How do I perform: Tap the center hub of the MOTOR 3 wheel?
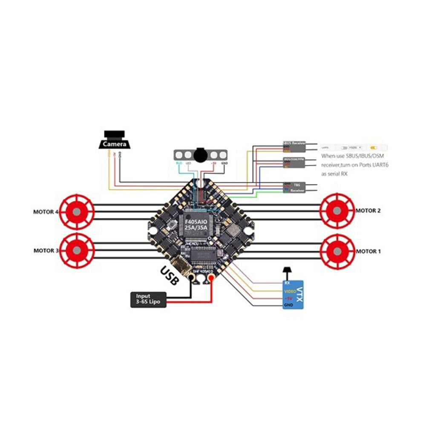coord(76,251)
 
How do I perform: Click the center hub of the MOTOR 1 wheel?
coord(337,251)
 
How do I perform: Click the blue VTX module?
coord(294,295)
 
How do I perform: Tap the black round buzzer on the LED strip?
coord(199,154)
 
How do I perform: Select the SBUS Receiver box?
coord(294,147)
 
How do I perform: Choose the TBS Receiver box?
coord(294,188)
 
